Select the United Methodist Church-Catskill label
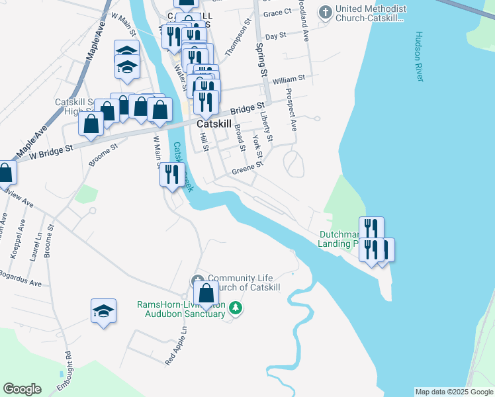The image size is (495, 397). [x=371, y=13]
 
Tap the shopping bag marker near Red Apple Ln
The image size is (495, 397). [x=206, y=293]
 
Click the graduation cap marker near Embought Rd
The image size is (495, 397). [x=104, y=310]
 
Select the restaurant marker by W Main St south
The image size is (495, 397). [x=171, y=175]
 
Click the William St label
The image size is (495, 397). [x=288, y=78]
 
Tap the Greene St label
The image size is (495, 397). [x=244, y=171]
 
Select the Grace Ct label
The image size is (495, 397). [x=277, y=13]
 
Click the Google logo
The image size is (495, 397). [x=22, y=388]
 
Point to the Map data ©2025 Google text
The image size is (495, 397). [x=454, y=392]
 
